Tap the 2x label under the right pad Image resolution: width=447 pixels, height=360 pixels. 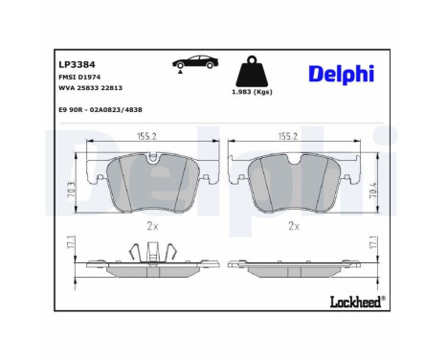(294, 227)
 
